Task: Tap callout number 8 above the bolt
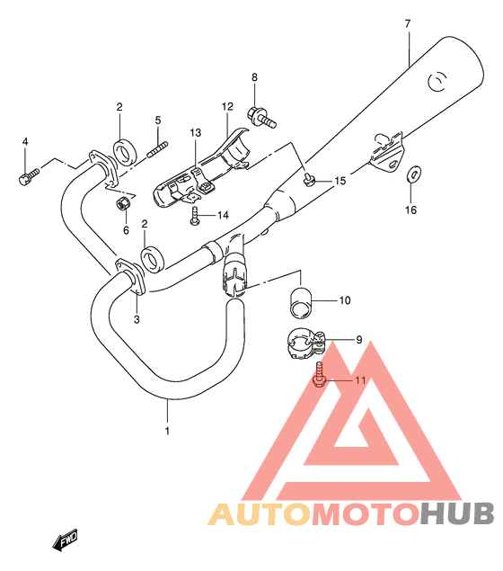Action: point(254,78)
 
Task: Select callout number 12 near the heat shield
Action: point(227,106)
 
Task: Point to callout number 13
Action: point(194,134)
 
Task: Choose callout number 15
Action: point(339,182)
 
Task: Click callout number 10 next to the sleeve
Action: point(344,301)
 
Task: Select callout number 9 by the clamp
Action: point(357,340)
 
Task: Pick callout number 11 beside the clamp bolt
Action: point(360,380)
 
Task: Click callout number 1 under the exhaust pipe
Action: point(167,431)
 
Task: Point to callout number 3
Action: point(137,318)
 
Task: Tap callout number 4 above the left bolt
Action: point(25,141)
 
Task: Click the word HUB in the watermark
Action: point(457,514)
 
